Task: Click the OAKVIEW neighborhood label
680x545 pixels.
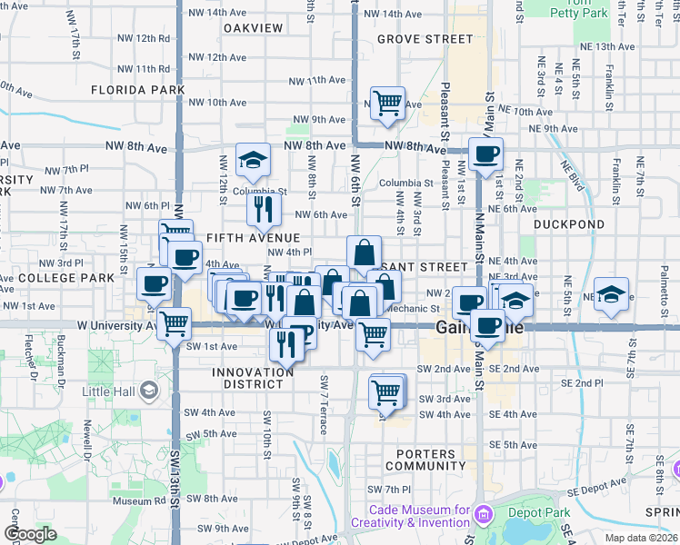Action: tap(253, 27)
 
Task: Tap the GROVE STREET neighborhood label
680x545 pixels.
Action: tap(425, 39)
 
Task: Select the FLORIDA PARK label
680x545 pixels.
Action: tap(137, 90)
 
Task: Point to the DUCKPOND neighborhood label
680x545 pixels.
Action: tap(568, 223)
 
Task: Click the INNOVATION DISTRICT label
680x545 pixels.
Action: tap(254, 378)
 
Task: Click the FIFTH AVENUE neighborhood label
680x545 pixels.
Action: tap(253, 238)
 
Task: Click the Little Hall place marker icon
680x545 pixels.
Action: tap(149, 391)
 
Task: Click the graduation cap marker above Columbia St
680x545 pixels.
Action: tap(252, 161)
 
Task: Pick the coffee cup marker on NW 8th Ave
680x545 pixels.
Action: tap(485, 154)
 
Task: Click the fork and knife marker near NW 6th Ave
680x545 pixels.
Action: tap(264, 210)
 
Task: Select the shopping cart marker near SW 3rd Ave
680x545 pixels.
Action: tap(386, 392)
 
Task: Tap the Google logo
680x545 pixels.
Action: tap(31, 534)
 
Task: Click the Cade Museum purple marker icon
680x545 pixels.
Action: tap(482, 516)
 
